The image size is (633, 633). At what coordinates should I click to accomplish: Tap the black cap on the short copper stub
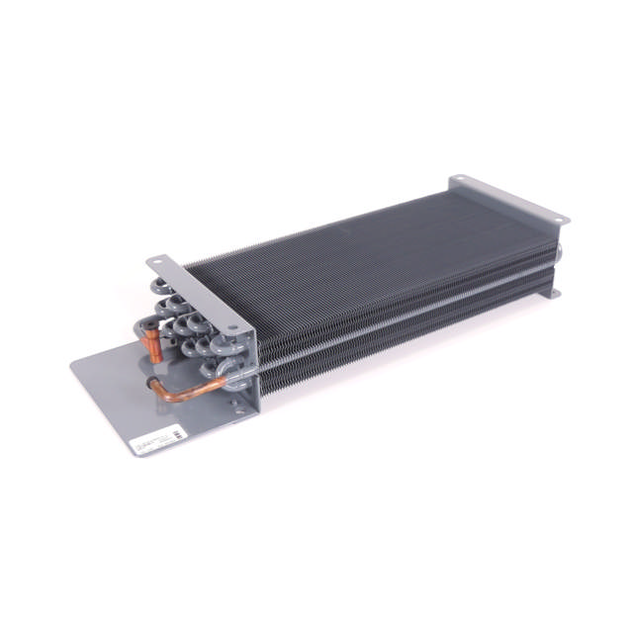click(x=144, y=327)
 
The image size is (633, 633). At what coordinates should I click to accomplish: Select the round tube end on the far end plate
click(x=559, y=253)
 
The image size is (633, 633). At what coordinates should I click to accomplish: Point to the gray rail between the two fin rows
click(x=396, y=316)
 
